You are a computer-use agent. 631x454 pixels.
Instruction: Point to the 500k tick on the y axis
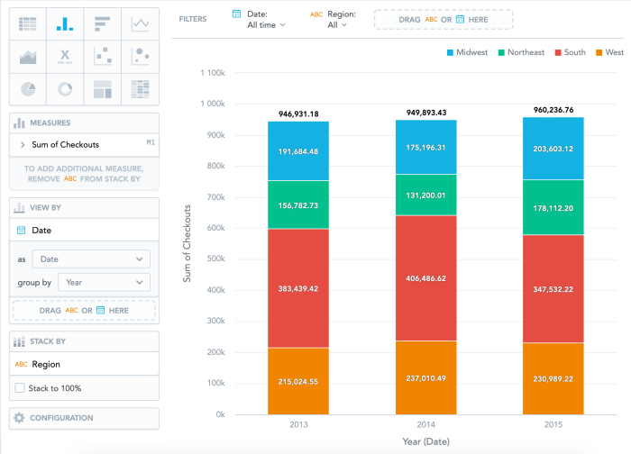[213, 259]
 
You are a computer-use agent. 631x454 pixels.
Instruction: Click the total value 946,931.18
[297, 114]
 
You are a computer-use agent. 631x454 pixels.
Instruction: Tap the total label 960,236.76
[553, 110]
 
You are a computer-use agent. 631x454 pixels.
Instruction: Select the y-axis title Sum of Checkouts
[188, 243]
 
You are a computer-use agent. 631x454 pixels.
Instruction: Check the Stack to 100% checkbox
[21, 388]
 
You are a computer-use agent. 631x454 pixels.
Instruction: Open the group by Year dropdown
[104, 282]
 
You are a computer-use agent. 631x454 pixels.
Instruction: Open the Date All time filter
[265, 20]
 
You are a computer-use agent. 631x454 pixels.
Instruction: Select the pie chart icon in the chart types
[28, 88]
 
